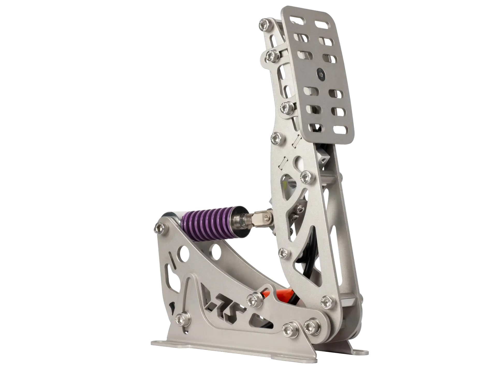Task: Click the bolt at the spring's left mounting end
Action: [160, 227]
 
